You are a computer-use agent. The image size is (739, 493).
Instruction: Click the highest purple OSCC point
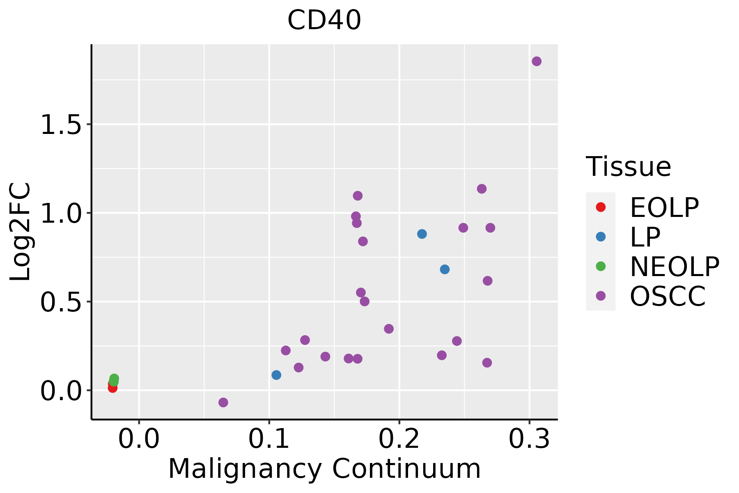(x=536, y=62)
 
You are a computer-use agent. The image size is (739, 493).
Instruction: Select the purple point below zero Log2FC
(x=223, y=402)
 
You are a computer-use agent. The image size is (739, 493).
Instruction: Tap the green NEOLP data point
(x=114, y=379)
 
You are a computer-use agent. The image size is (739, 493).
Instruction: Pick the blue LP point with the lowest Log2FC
(x=276, y=375)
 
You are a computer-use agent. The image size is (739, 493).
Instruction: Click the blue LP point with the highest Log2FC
(x=422, y=234)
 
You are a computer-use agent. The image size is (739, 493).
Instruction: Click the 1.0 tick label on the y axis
(x=61, y=214)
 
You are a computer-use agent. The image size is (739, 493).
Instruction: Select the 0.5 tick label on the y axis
(x=61, y=302)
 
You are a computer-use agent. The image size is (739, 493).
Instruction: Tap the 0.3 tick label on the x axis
(x=529, y=439)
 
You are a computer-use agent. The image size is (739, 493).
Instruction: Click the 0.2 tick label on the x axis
(x=399, y=439)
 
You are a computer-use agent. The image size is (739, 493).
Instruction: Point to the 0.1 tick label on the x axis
(x=269, y=439)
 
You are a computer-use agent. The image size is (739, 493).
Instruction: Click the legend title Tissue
(x=628, y=167)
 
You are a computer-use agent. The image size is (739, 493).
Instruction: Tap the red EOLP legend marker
(x=600, y=207)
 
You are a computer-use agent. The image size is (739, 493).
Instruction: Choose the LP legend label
(x=645, y=237)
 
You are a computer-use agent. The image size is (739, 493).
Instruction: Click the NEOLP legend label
(x=675, y=267)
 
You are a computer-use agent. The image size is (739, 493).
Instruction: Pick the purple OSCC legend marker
(x=600, y=296)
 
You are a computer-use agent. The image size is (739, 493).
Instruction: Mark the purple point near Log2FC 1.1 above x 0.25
(x=482, y=189)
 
